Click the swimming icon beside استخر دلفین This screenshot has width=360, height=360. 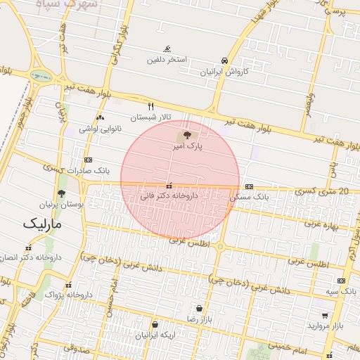[x=167, y=49]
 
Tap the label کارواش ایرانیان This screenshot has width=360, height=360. [x=224, y=71]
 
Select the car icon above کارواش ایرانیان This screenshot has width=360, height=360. [x=224, y=60]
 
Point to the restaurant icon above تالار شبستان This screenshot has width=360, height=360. [x=150, y=106]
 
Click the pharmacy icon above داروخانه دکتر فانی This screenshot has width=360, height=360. [x=169, y=186]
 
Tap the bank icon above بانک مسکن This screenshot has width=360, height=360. [x=250, y=186]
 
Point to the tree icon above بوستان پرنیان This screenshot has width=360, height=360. [x=62, y=193]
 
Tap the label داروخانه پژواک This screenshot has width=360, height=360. [x=69, y=294]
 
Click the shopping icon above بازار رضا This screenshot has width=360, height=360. [x=200, y=308]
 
